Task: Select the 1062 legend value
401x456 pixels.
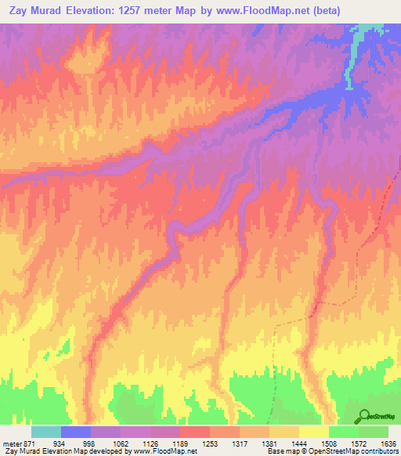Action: point(120,443)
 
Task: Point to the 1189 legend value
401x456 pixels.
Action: point(179,443)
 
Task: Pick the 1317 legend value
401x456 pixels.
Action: point(239,443)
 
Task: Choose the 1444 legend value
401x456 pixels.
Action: point(298,443)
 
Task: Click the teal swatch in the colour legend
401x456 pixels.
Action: point(46,432)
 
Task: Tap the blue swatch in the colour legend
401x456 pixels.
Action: point(76,432)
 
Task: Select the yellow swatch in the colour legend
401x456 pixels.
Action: point(313,432)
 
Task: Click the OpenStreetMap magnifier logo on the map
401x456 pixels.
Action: point(365,416)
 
